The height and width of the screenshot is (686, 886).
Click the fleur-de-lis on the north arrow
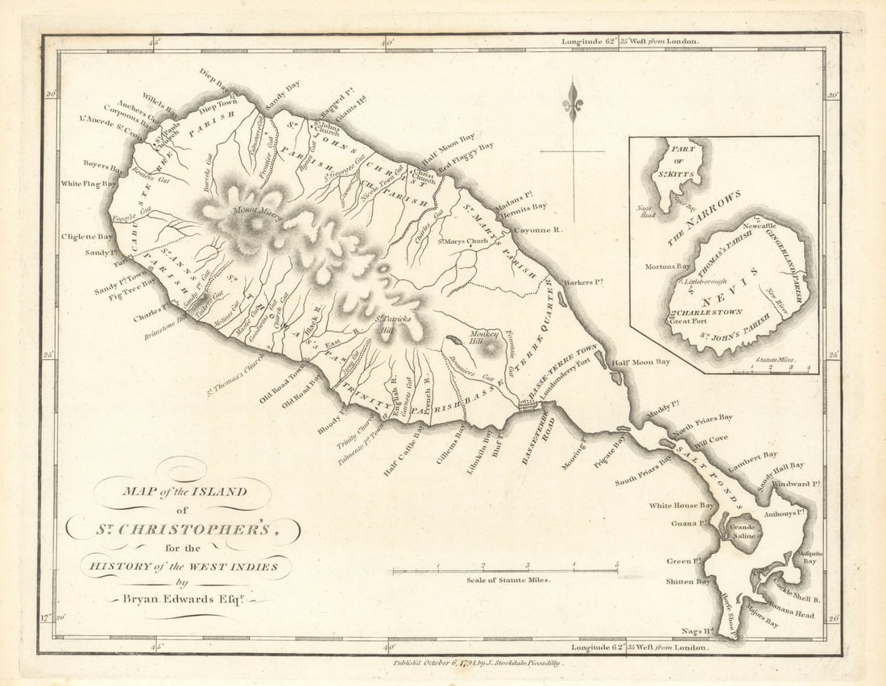click(x=573, y=101)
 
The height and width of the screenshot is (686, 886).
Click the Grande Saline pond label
click(x=742, y=532)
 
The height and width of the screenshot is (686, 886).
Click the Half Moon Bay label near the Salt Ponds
click(x=640, y=362)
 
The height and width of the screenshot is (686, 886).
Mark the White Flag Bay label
click(x=89, y=184)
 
